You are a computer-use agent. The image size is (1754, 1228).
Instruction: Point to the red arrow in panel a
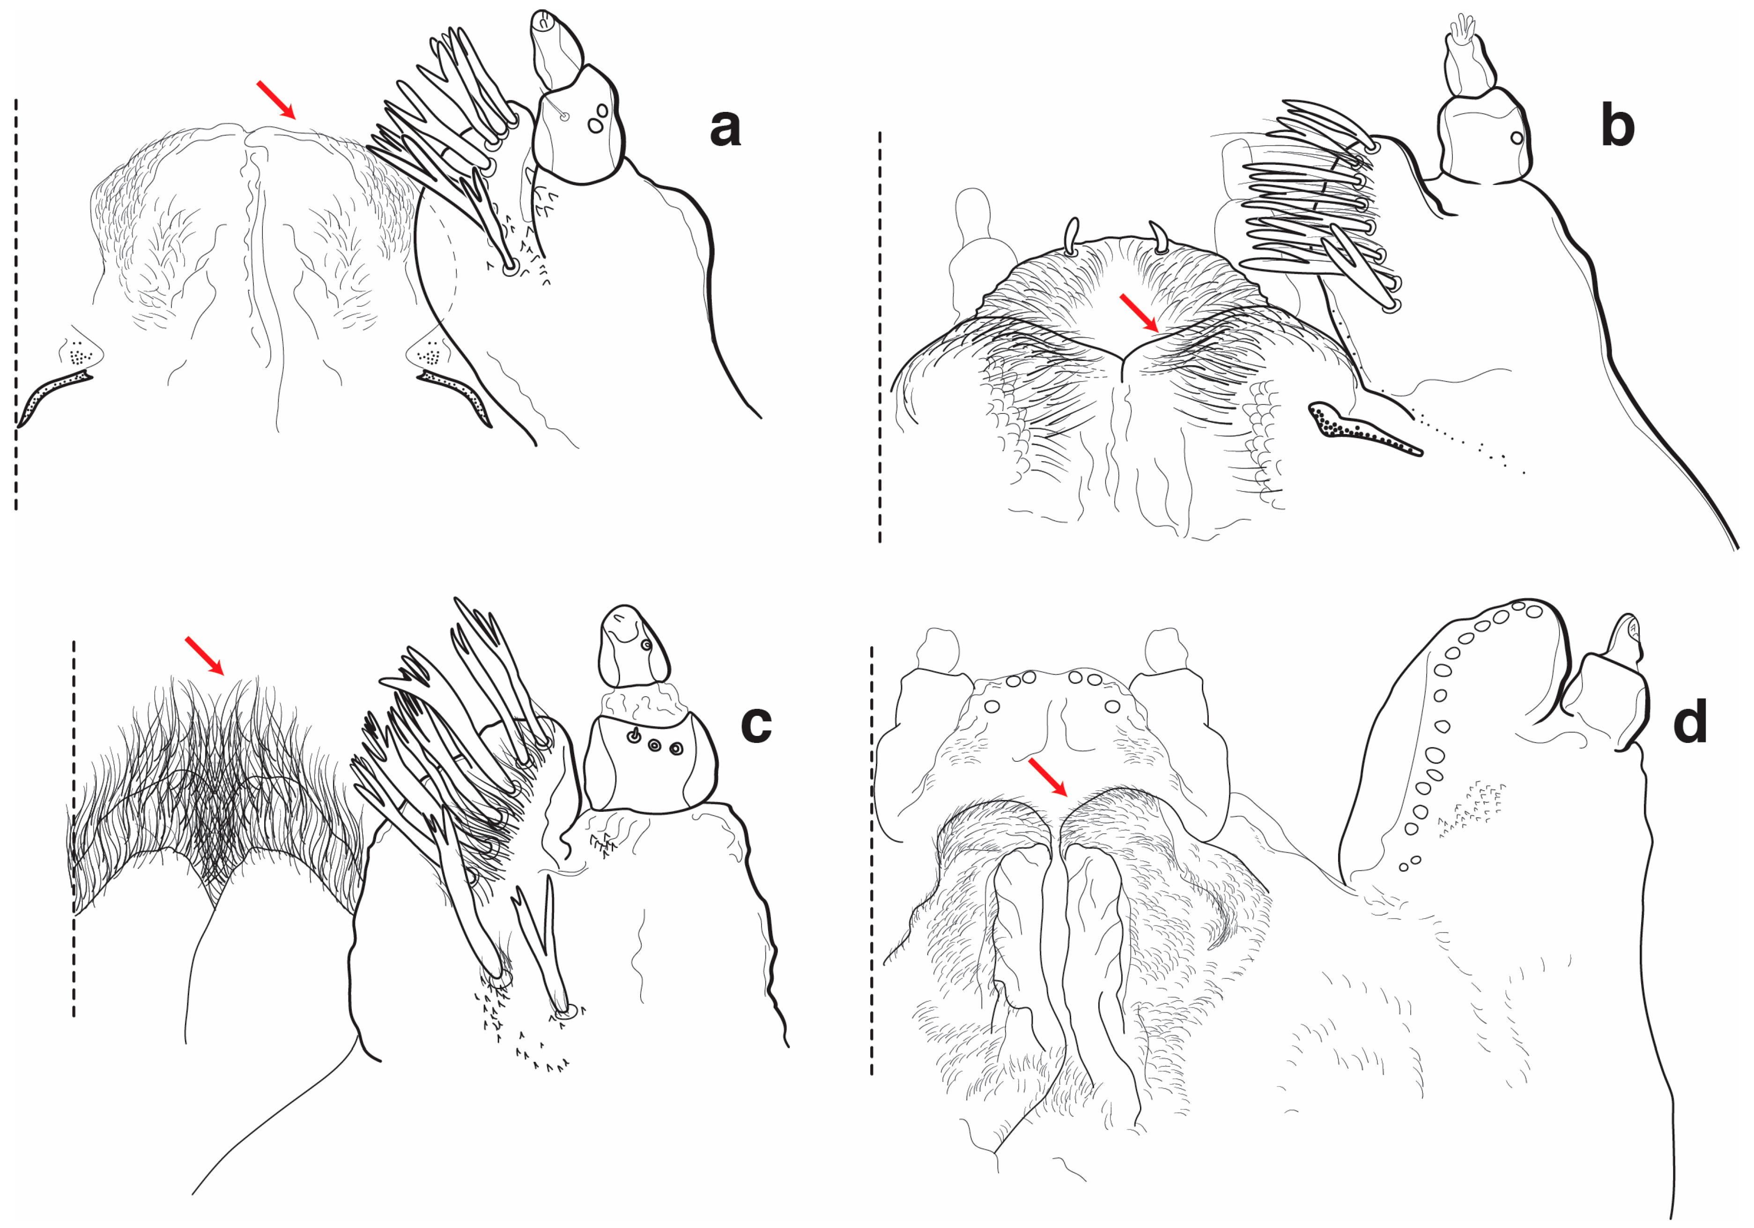(x=276, y=99)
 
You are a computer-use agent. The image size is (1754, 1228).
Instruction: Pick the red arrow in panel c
(x=205, y=656)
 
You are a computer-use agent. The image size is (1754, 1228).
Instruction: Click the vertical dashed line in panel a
(x=16, y=304)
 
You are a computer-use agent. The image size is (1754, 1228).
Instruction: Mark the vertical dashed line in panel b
(x=880, y=337)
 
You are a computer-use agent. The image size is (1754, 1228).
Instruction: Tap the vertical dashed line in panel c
(x=74, y=829)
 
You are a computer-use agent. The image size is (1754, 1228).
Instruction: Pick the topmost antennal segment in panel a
(x=556, y=47)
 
